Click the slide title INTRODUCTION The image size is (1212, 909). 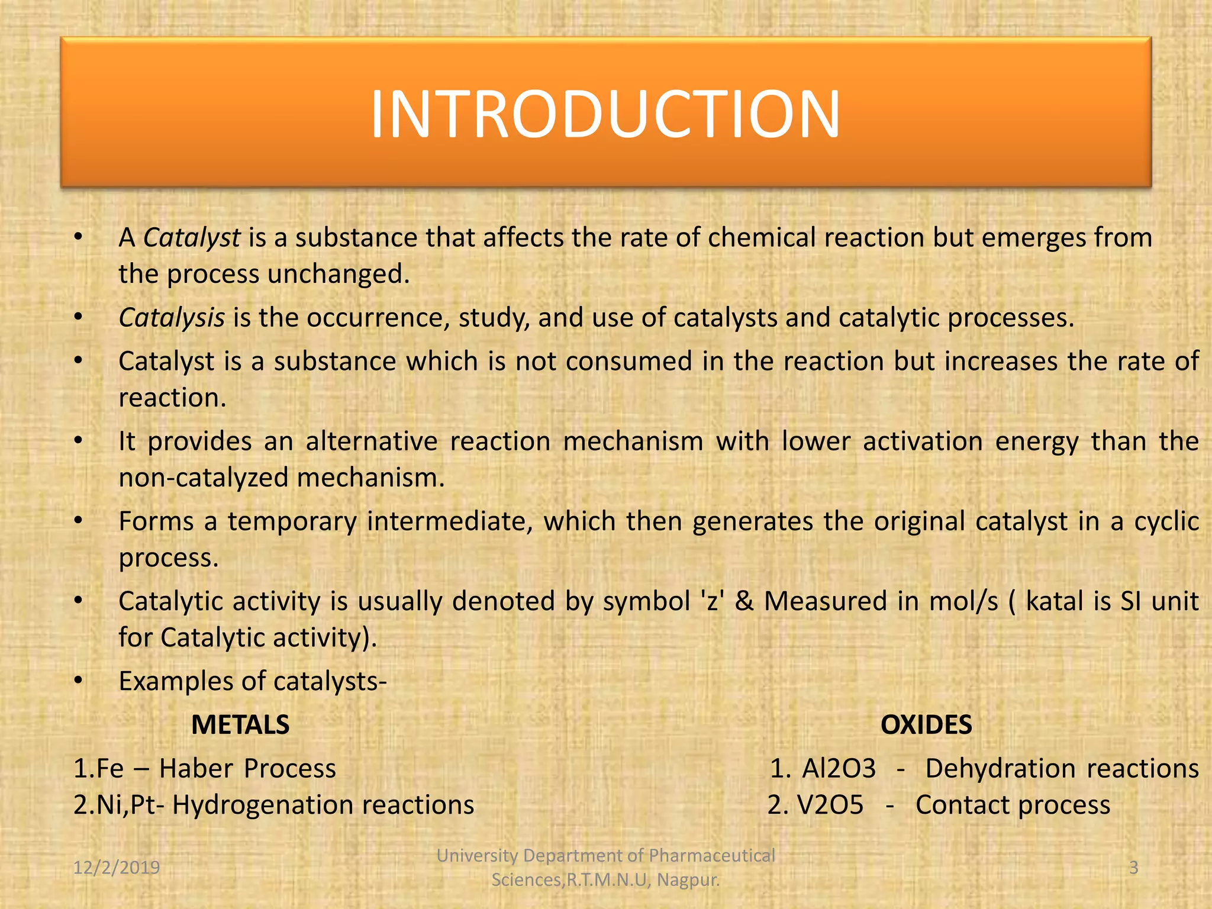pyautogui.click(x=605, y=114)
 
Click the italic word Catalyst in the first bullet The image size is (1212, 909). pyautogui.click(x=192, y=238)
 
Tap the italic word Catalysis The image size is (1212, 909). pyautogui.click(x=172, y=318)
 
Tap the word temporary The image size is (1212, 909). pyautogui.click(x=292, y=521)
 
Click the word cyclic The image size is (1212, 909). pyautogui.click(x=1166, y=521)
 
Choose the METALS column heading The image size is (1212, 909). pyautogui.click(x=240, y=725)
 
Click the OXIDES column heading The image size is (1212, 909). pyautogui.click(x=926, y=725)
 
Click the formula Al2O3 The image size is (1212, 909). pyautogui.click(x=839, y=769)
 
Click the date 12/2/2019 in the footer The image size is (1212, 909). pyautogui.click(x=117, y=868)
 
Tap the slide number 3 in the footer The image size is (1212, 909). pyautogui.click(x=1133, y=868)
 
